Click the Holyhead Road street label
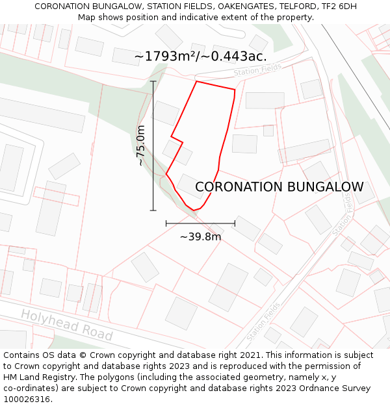point(66,324)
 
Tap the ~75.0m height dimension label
point(141,146)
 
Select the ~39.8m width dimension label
point(200,236)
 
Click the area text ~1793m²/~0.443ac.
point(200,57)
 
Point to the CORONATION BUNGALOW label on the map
point(279,187)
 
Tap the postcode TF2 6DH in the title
point(337,6)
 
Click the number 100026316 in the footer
point(27,400)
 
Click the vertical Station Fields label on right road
point(343,214)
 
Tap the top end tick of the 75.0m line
point(153,81)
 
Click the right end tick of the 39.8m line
point(235,223)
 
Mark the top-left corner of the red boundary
point(196,82)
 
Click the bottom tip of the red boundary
point(194,210)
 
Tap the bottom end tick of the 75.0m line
point(153,210)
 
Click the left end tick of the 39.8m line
point(166,223)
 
